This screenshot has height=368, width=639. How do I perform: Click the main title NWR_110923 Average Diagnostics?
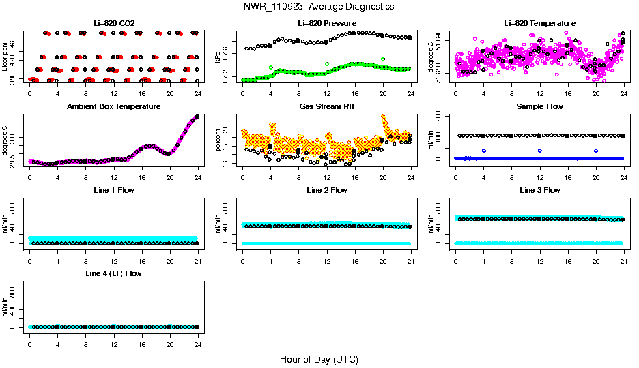coord(319,6)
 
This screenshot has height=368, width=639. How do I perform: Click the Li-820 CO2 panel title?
coord(114,24)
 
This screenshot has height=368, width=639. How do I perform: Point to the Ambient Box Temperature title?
coord(114,107)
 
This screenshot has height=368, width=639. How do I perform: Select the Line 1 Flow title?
coord(114,190)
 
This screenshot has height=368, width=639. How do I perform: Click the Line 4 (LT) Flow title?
coord(114,273)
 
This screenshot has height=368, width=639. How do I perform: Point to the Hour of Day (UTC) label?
coord(319,359)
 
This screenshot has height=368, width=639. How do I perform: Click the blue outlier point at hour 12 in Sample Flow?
coord(540,151)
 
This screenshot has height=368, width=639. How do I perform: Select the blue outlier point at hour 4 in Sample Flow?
coord(484,151)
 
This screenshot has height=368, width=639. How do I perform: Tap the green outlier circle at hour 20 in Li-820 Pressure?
coord(383,59)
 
